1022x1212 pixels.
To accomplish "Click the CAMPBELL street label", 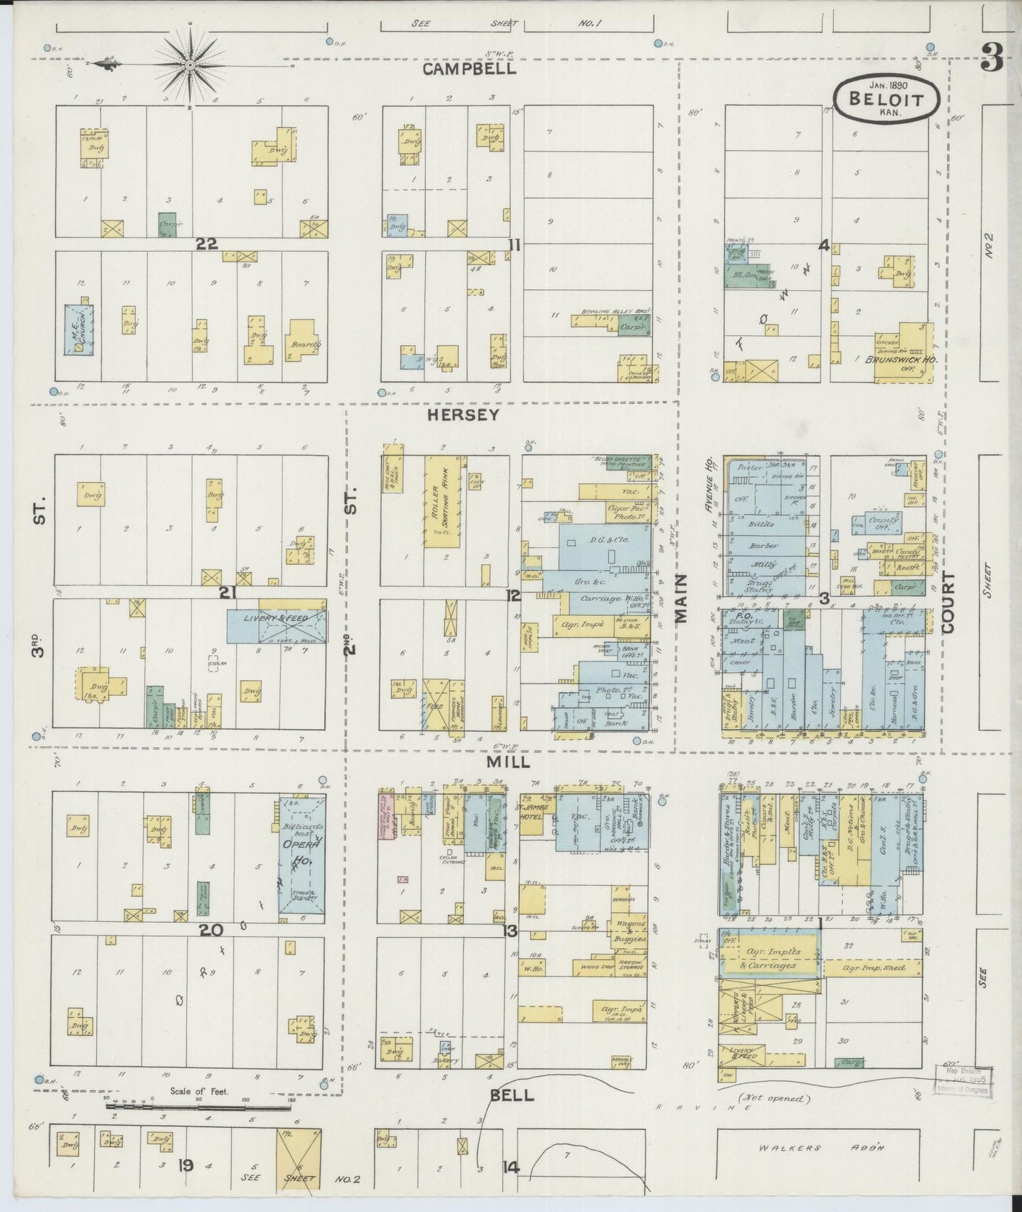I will pyautogui.click(x=470, y=69).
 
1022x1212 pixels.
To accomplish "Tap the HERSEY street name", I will pyautogui.click(x=463, y=416).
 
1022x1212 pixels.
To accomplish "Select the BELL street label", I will pyautogui.click(x=511, y=1115).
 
